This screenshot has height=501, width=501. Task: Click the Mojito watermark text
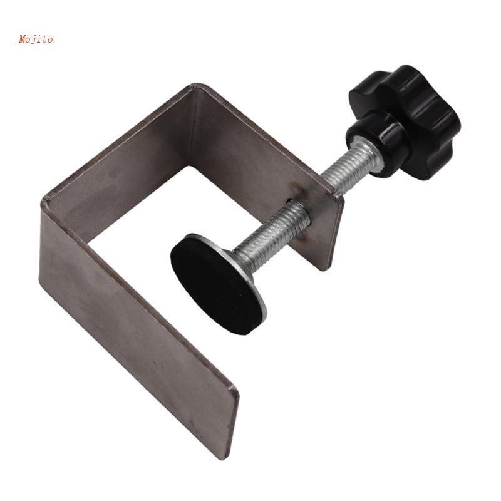36,39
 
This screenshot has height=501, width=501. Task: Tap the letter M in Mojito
23,39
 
